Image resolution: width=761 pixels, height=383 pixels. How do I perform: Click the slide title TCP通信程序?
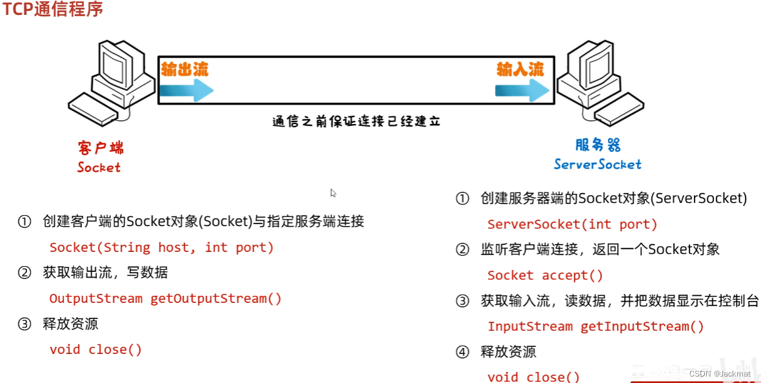pos(52,10)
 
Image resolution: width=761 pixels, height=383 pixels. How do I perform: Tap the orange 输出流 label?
pos(185,69)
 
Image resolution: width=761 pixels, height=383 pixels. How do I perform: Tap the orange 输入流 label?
pos(520,69)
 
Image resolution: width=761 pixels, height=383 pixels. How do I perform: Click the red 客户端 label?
pos(101,148)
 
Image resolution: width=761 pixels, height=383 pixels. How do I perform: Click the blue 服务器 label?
pos(598,145)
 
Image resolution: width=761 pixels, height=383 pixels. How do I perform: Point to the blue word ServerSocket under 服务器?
pos(598,164)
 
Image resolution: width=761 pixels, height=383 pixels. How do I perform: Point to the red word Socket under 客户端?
pos(99,167)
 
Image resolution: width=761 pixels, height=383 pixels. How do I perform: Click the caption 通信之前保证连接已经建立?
pos(356,121)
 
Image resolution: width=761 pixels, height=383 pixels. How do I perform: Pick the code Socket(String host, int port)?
pos(161,247)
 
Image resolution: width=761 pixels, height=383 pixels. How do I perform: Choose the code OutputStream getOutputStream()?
pos(165,298)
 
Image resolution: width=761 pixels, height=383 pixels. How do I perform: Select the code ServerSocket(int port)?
pos(572,224)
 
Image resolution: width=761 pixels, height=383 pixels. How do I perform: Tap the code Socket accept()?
pos(545,275)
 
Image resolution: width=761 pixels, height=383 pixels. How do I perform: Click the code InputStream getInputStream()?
pos(595,326)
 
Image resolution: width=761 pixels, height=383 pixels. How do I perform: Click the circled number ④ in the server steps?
pos(463,353)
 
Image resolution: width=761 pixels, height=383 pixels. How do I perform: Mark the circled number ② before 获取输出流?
pos(25,273)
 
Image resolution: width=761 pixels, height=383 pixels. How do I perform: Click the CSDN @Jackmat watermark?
pos(720,373)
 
